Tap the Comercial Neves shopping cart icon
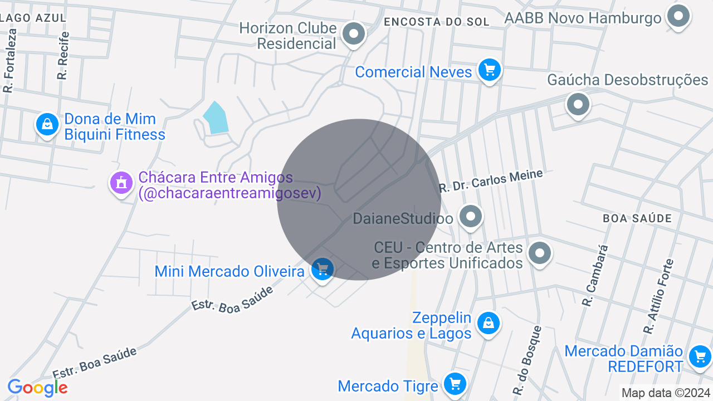pyautogui.click(x=490, y=71)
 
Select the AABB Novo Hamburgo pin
pyautogui.click(x=678, y=17)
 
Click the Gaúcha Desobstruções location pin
pyautogui.click(x=578, y=104)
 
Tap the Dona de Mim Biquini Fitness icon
pyautogui.click(x=47, y=125)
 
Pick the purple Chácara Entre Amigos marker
pyautogui.click(x=121, y=183)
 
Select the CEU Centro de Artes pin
pyautogui.click(x=539, y=254)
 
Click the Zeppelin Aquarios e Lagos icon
pyautogui.click(x=488, y=323)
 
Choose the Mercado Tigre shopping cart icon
pyautogui.click(x=455, y=384)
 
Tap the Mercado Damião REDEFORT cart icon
pyautogui.click(x=700, y=356)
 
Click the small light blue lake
pyautogui.click(x=216, y=119)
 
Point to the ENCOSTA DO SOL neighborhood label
pyautogui.click(x=437, y=22)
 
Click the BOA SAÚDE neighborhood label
pyautogui.click(x=637, y=218)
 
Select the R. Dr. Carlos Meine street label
pyautogui.click(x=490, y=181)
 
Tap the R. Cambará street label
pyautogui.click(x=594, y=275)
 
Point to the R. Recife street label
pyautogui.click(x=63, y=55)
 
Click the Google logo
pyautogui.click(x=37, y=388)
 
